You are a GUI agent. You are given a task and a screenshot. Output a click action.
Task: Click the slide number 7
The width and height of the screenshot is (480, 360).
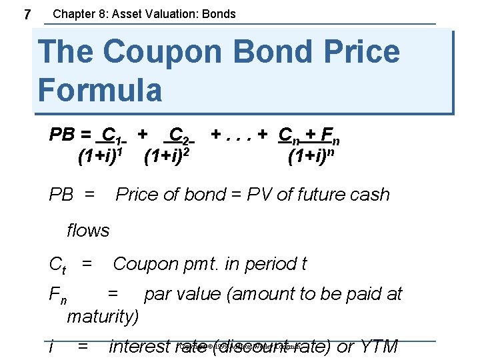pos(26,14)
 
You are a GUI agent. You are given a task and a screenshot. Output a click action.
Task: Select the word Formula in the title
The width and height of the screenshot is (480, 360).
pos(100,89)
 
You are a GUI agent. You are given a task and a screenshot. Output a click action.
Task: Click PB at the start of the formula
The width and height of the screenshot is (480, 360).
pos(64,136)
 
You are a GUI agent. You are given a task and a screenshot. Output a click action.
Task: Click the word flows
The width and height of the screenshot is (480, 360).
pos(88,231)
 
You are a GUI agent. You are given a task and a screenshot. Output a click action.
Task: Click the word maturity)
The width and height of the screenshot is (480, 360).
pos(103,316)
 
